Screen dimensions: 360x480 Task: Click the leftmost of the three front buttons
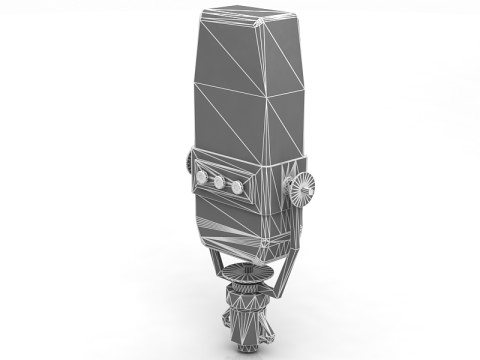tap(202, 177)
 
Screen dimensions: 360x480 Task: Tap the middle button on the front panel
tap(219, 182)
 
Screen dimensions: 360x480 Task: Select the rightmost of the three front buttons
tap(237, 187)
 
